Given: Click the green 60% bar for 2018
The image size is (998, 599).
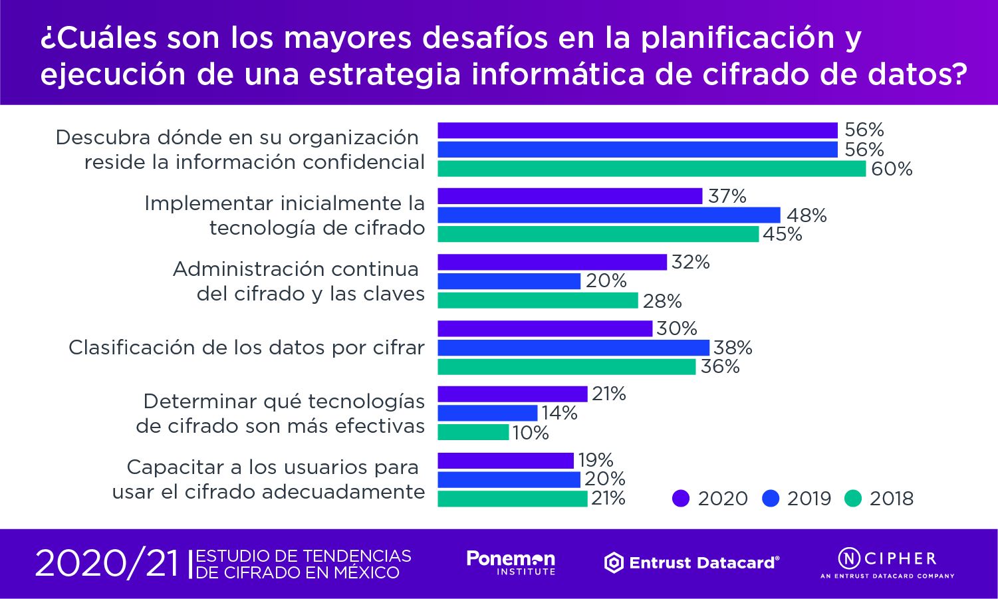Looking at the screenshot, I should click(x=652, y=169).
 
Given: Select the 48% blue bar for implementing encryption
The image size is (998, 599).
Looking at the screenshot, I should click(x=608, y=215).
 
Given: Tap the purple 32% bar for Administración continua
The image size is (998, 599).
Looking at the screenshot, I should click(x=552, y=262).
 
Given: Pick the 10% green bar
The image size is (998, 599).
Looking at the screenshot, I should click(x=473, y=433).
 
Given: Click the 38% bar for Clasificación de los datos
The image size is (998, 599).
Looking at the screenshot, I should click(x=573, y=348).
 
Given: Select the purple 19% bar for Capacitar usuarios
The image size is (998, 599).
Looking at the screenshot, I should click(x=505, y=460).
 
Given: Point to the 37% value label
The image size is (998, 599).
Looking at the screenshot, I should click(x=727, y=196).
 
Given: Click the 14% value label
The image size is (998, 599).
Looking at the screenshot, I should click(x=559, y=413).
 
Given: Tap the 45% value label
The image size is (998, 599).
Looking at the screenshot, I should click(x=783, y=234).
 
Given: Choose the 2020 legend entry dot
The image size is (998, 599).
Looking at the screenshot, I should click(x=681, y=499).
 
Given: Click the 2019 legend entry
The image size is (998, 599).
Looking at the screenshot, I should click(x=798, y=499).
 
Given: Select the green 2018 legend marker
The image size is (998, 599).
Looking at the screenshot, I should click(x=853, y=499).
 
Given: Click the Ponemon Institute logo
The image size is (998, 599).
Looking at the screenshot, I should click(x=511, y=562).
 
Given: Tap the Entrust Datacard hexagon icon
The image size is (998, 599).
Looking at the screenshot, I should click(x=614, y=563).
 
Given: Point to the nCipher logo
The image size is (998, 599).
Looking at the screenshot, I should click(x=887, y=562).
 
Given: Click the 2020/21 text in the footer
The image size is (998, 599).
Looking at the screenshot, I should click(x=107, y=564).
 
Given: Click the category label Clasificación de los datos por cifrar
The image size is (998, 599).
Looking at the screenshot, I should click(x=247, y=348).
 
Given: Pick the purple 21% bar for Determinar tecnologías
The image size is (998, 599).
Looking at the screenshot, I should click(x=512, y=394).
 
